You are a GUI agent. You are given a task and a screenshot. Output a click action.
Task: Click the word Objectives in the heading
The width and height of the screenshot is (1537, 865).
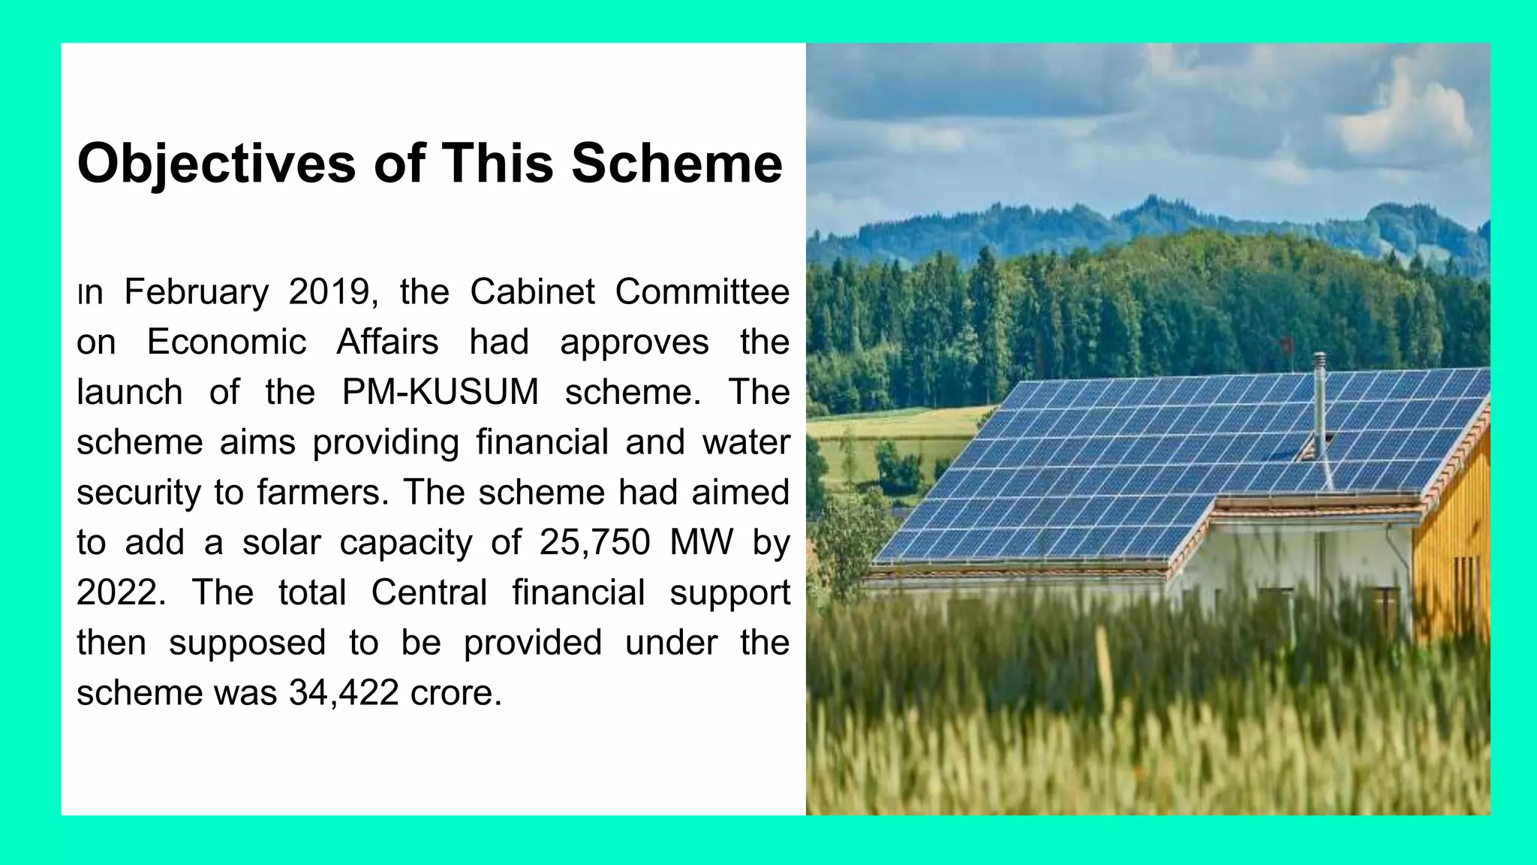(216, 164)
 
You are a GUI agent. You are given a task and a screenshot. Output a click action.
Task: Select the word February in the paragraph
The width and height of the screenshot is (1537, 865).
(197, 292)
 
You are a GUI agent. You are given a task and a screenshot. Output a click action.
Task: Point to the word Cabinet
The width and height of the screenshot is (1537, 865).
(532, 292)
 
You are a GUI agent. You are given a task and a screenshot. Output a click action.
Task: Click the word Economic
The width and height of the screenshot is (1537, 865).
(227, 342)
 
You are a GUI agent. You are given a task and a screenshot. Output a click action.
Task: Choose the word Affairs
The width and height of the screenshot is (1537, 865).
(387, 342)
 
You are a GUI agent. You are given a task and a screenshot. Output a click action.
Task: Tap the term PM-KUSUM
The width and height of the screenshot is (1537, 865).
(441, 392)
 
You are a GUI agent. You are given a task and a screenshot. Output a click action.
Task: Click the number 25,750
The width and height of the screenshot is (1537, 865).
(594, 542)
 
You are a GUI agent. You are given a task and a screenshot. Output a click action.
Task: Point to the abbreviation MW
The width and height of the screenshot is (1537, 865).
(701, 542)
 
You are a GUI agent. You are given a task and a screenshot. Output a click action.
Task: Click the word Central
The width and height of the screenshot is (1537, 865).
(429, 592)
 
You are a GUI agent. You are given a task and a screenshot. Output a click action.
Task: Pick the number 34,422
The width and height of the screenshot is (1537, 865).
(344, 692)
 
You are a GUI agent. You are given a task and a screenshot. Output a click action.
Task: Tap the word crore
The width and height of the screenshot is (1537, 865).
(455, 692)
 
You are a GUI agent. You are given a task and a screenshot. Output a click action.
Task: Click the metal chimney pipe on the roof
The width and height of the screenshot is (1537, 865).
(1319, 405)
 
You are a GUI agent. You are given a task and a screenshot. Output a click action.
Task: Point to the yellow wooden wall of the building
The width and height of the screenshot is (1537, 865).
(1452, 556)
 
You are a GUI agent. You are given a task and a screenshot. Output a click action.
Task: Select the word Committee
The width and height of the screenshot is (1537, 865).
(702, 292)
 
